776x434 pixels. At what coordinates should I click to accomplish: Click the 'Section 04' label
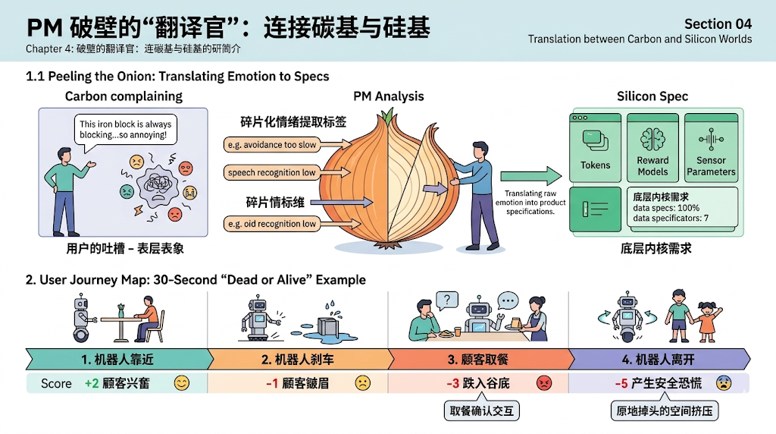(x=718, y=24)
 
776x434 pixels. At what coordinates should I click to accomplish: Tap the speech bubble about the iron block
(x=126, y=131)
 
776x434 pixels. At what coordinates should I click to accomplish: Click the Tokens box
(x=595, y=147)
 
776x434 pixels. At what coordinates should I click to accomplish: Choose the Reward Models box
(x=652, y=147)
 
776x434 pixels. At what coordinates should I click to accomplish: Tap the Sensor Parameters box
(x=711, y=147)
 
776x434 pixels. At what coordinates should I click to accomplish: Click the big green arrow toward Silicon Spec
(x=530, y=177)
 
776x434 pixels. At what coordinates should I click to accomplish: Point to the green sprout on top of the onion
(x=389, y=115)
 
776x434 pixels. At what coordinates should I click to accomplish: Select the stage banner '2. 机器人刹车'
(x=298, y=359)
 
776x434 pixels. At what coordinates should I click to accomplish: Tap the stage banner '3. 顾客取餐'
(x=479, y=359)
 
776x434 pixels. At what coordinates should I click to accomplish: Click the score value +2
(x=91, y=384)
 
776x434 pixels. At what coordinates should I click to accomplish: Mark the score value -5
(x=621, y=384)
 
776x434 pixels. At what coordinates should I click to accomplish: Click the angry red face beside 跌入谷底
(x=543, y=384)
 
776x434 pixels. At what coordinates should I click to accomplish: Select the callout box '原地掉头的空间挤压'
(x=664, y=411)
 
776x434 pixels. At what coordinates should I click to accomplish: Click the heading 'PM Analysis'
(x=389, y=96)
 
